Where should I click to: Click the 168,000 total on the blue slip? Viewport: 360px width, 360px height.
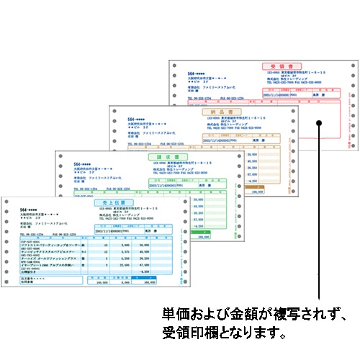pyautogui.click(x=149, y=284)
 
